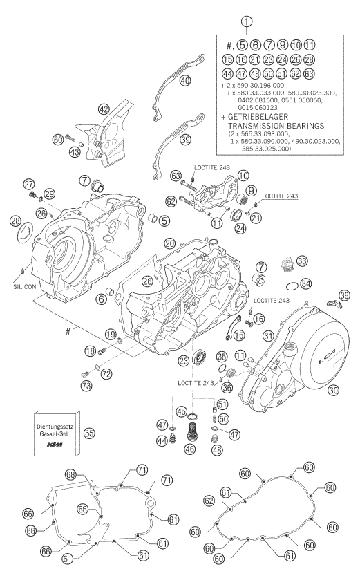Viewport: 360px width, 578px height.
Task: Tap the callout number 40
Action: coord(185,80)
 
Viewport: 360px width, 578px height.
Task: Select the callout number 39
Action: coord(185,140)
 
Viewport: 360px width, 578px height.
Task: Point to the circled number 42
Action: coord(104,109)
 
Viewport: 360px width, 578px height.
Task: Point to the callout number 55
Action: coord(90,433)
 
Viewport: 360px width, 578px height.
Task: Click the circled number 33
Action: coord(302,261)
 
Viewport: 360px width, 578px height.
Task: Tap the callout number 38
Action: coord(344,295)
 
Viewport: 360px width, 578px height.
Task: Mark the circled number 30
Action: coord(333,389)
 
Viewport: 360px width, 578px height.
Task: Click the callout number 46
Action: coord(191,449)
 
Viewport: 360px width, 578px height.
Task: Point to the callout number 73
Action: coord(87,386)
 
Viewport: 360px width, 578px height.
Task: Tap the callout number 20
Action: coord(170,243)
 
